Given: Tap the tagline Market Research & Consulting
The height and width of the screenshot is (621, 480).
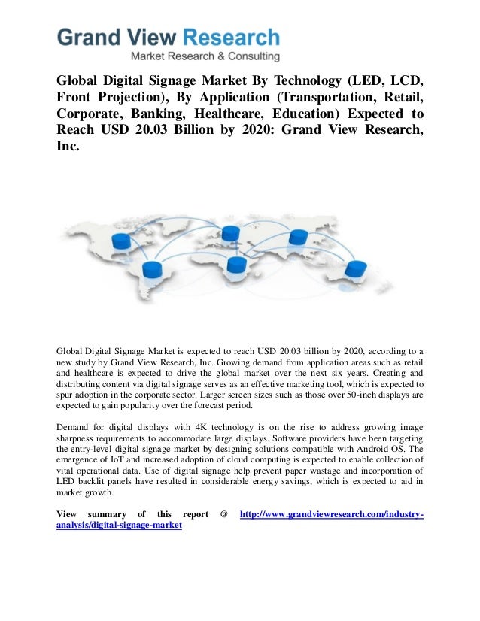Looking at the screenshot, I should (205, 56).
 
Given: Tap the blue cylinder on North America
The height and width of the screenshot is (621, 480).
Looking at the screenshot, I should (120, 241).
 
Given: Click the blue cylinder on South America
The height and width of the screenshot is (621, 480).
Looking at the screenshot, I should (153, 268).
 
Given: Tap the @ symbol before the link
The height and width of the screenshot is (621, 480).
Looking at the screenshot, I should (223, 514).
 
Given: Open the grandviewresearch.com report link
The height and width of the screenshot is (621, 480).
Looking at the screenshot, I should (331, 514).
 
